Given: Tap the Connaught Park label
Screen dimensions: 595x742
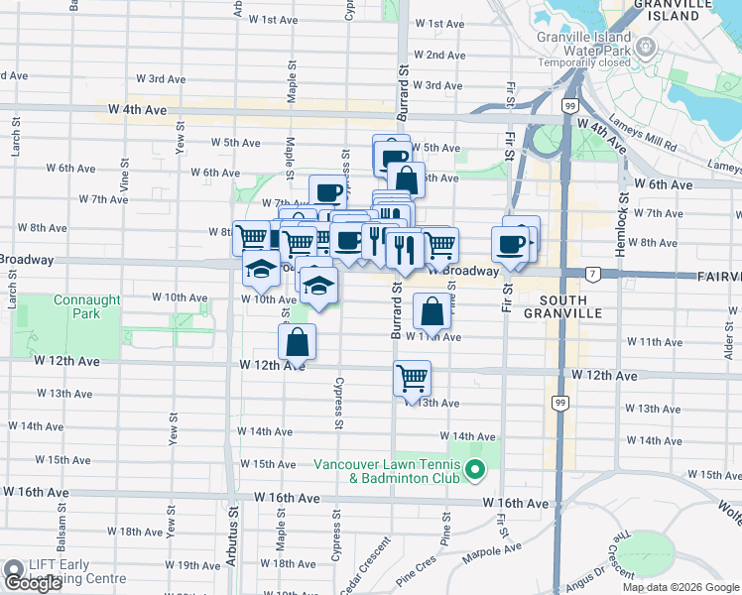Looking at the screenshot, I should pos(87,306).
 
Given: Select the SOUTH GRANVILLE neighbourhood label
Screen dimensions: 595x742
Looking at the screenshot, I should pos(569,305).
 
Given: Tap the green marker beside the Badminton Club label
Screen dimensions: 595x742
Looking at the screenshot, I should pos(475,470).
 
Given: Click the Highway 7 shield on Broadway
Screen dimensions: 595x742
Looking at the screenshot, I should pos(591,273).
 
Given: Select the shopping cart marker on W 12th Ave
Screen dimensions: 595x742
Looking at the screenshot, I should pos(412,377).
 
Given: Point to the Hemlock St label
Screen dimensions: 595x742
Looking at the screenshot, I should pos(623,227).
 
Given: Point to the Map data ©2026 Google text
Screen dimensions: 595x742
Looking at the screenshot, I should pos(680,587).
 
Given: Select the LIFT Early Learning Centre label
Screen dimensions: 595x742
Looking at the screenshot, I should pos(69,571).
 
